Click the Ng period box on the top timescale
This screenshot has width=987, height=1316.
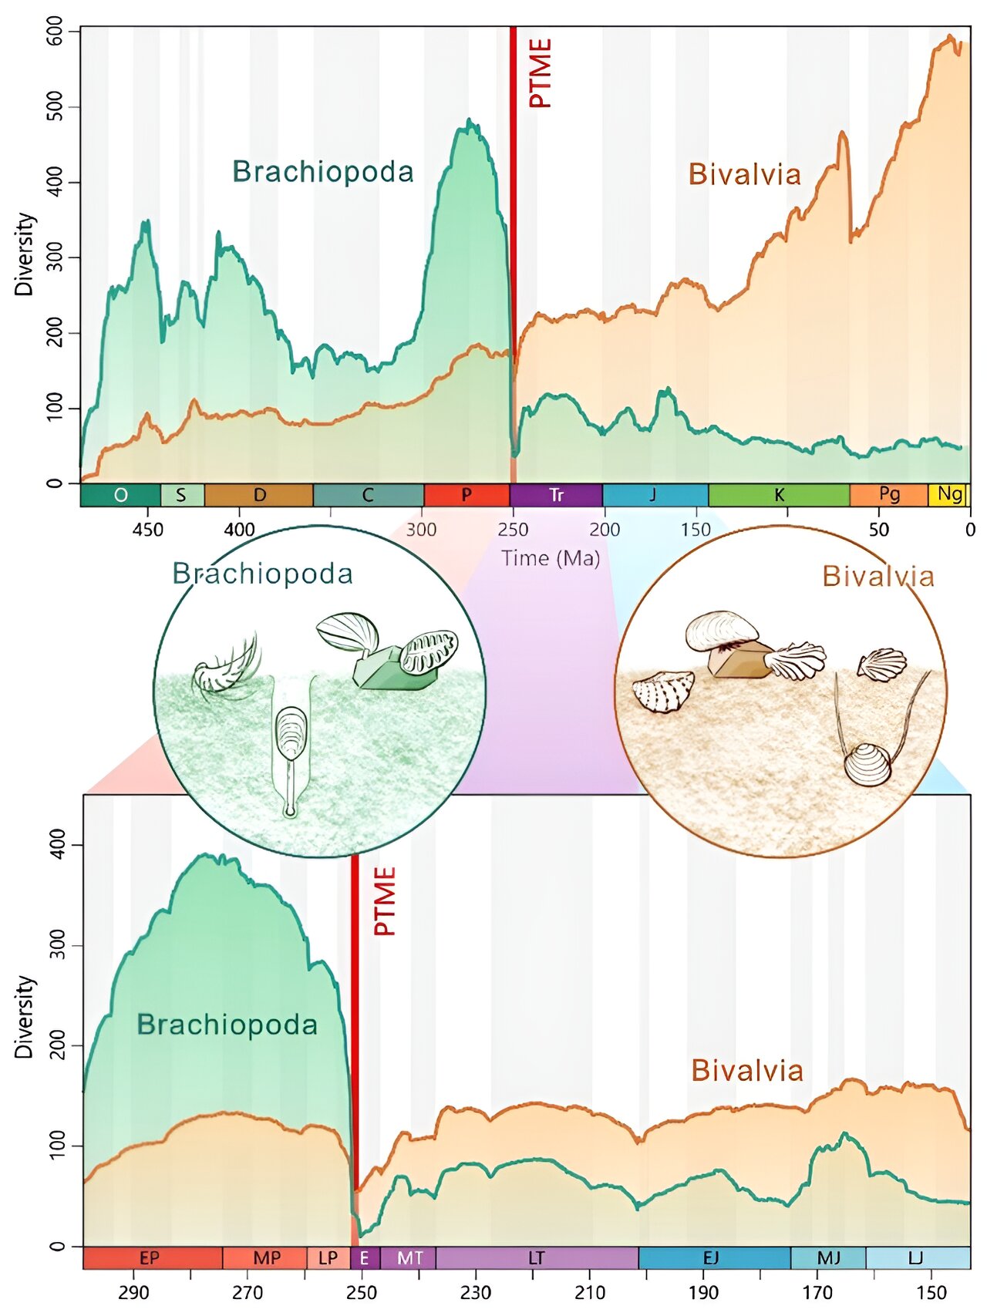point(948,494)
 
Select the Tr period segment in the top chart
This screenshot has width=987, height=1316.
point(556,495)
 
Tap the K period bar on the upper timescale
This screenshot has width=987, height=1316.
point(779,495)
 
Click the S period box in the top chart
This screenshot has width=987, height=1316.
point(181,495)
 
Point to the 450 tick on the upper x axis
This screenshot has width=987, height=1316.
point(147,530)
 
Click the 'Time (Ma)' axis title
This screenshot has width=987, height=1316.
point(551,557)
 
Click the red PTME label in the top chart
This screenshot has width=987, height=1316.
point(541,73)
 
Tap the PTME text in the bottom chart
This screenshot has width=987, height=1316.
point(384,900)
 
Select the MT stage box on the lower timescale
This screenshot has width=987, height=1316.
point(409,1258)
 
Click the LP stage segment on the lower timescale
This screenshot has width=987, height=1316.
point(328,1258)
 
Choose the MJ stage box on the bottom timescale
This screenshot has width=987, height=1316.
point(828,1258)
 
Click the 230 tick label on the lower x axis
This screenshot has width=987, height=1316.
point(476,1293)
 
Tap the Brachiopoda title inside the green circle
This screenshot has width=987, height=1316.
point(262,574)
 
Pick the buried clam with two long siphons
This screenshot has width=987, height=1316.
point(867,763)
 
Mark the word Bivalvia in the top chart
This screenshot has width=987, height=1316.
point(744,174)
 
